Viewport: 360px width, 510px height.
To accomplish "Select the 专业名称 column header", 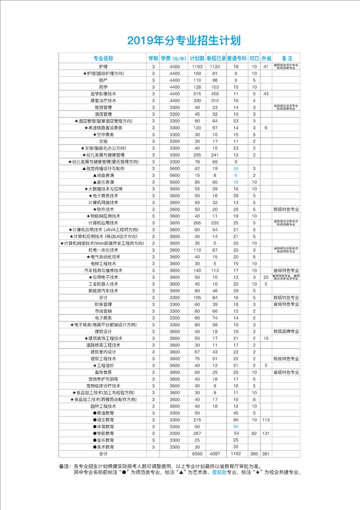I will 103,59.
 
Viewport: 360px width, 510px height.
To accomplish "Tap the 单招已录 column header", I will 216,59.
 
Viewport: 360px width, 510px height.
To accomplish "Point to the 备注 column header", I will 287,59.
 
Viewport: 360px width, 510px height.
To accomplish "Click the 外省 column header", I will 266,59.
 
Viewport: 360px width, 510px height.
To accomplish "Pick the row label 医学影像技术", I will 103,94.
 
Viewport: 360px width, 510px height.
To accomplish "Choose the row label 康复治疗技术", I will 103,100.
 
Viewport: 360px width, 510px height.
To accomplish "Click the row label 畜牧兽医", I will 103,372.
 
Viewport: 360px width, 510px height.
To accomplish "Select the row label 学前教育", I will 104,433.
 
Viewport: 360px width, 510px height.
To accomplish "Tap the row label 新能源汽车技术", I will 103,291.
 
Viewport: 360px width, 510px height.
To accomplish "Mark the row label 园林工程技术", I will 103,406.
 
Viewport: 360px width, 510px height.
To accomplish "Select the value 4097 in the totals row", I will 215,453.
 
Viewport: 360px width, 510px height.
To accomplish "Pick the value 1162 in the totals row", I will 236,453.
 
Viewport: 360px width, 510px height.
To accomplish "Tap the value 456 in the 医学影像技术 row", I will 215,94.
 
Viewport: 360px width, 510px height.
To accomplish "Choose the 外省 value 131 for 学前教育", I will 266,433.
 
